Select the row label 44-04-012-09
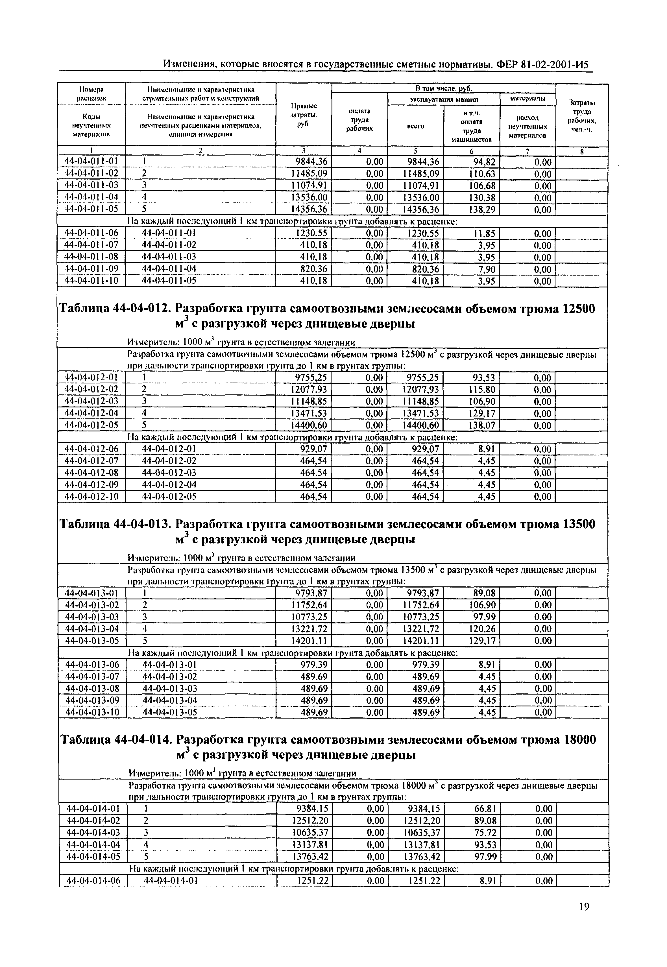click(x=91, y=485)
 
